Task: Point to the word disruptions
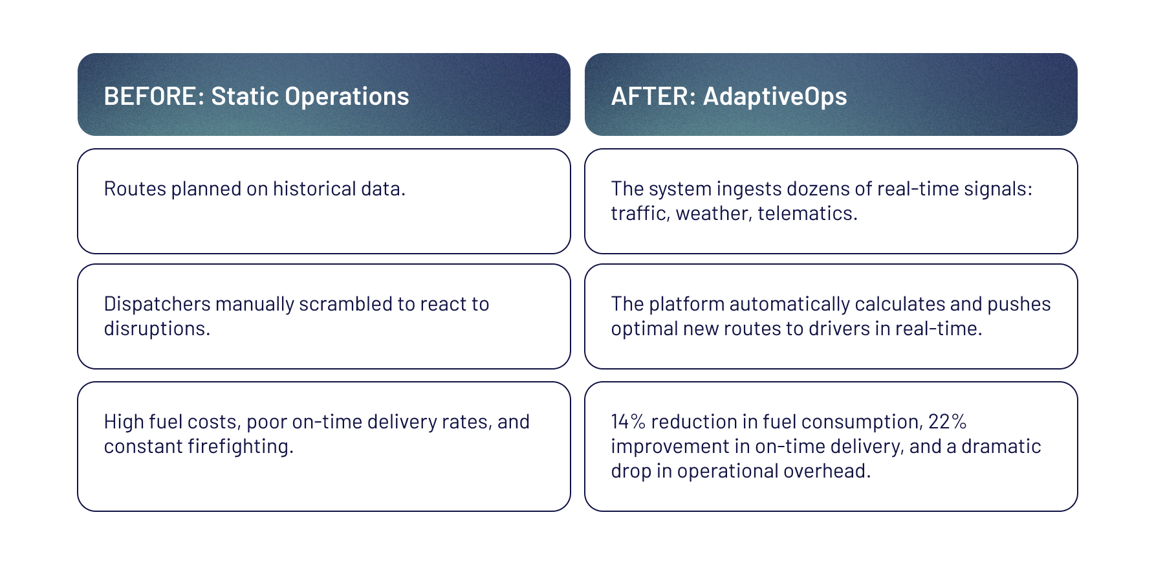[x=157, y=329]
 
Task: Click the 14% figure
[x=628, y=421]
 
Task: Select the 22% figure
[x=948, y=421]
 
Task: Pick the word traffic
[x=640, y=214]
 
